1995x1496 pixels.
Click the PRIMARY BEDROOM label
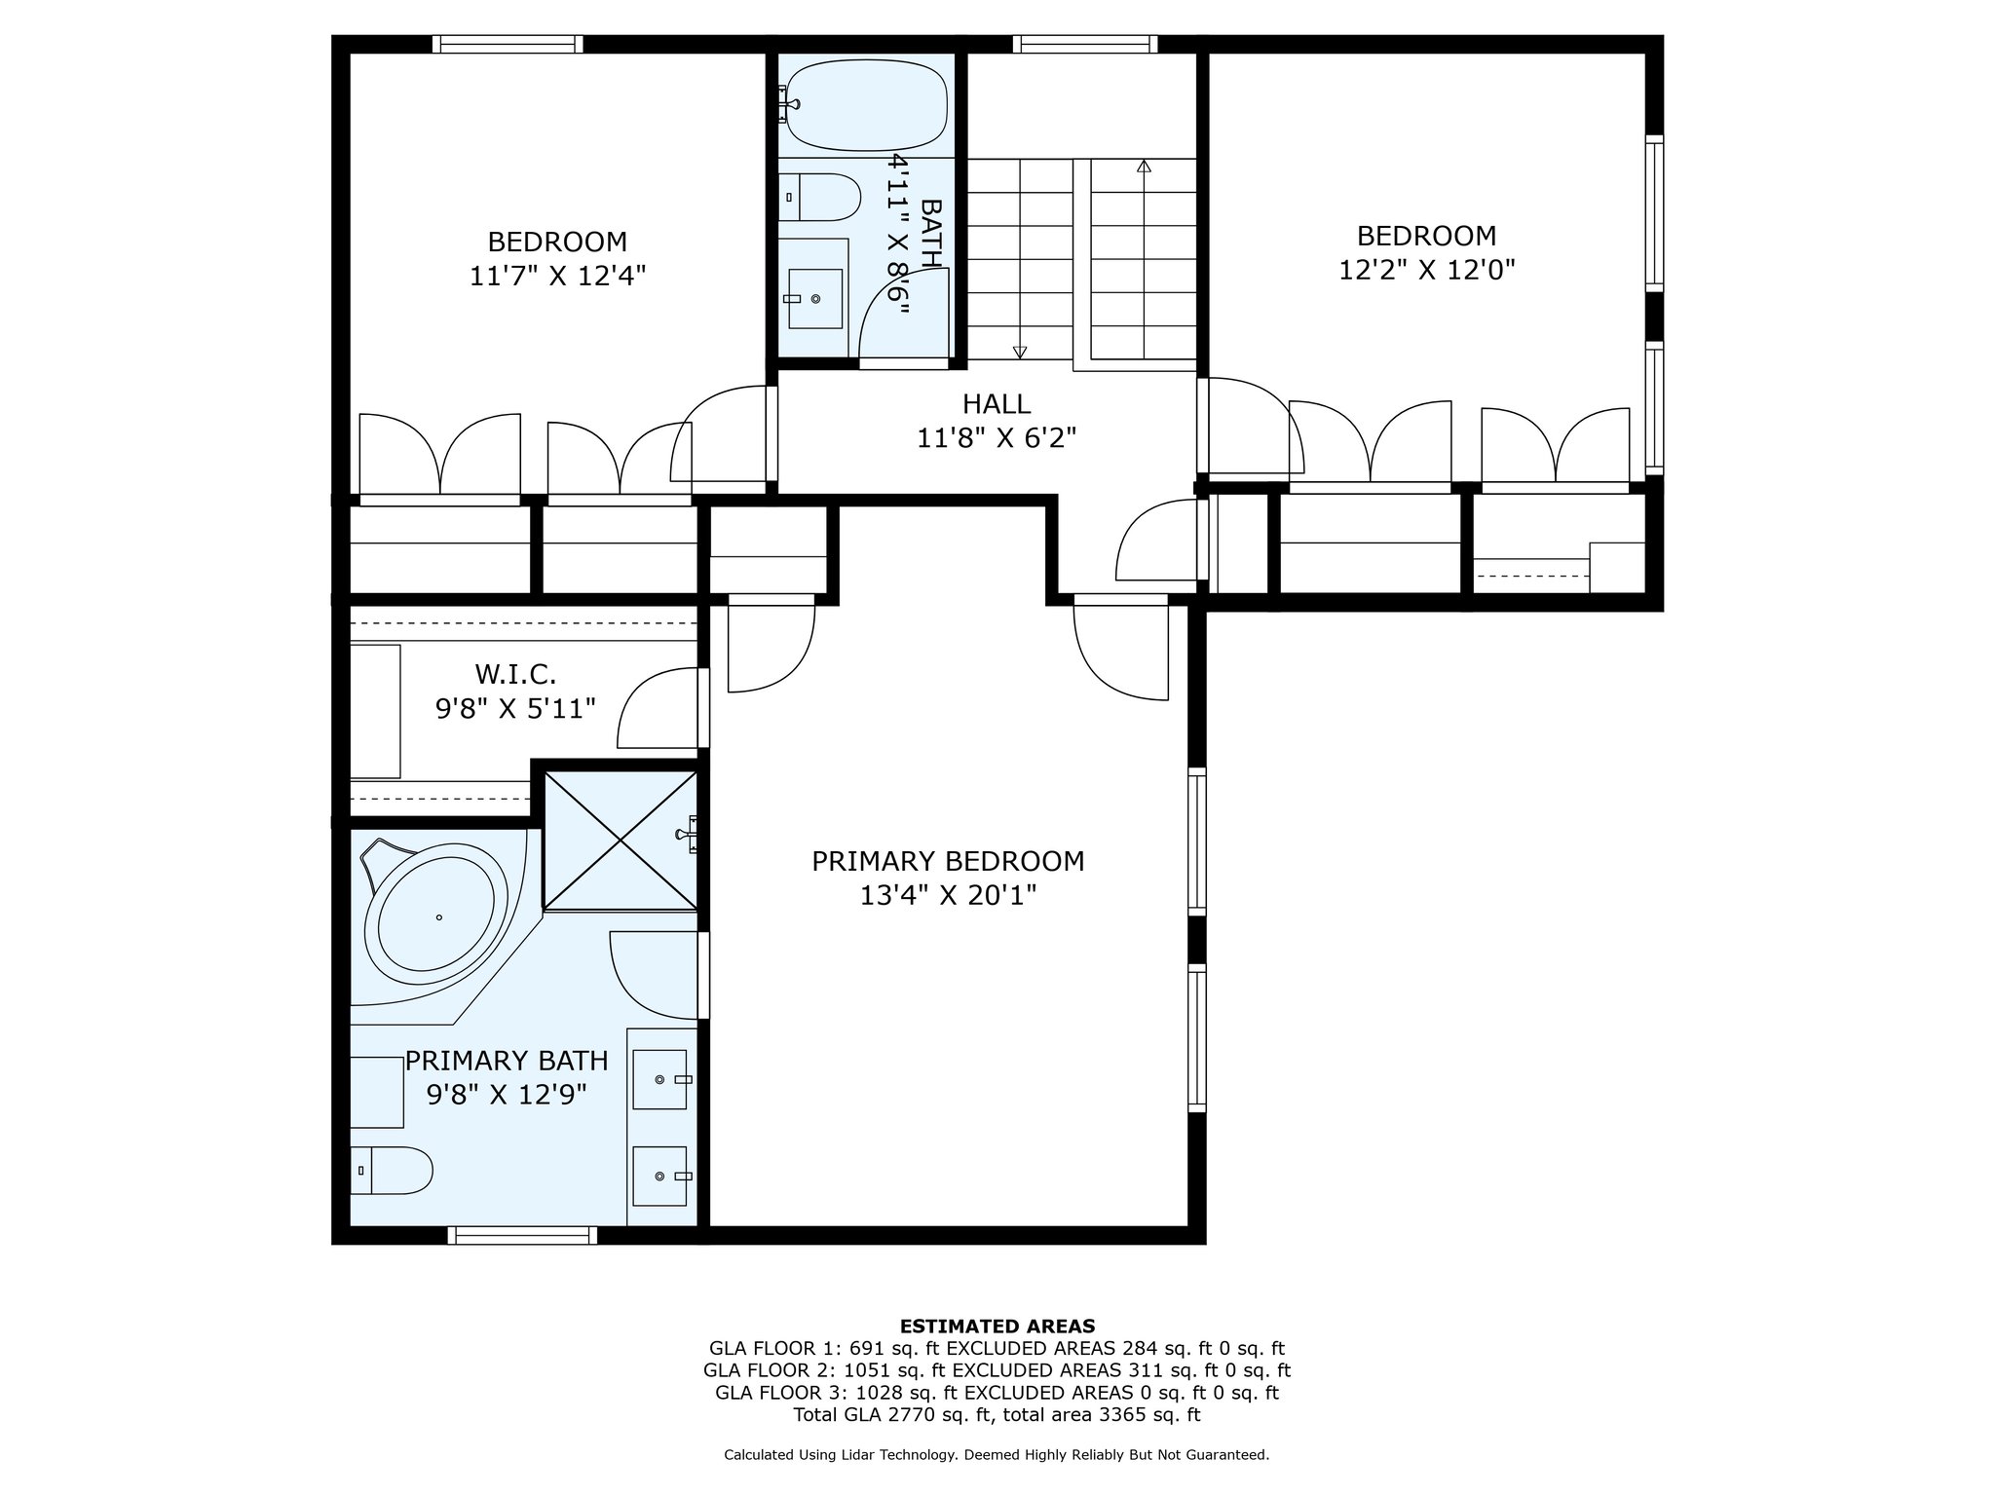[948, 862]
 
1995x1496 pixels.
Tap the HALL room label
[997, 403]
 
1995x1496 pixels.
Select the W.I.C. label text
[515, 674]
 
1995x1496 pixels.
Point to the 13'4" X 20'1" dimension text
[948, 895]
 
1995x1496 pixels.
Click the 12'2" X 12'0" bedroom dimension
[1427, 270]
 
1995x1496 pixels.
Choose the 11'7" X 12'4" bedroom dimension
[558, 276]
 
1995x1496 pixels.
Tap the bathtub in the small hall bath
[865, 105]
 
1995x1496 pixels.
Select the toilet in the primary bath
[392, 1171]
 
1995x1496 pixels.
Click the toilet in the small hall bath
[820, 198]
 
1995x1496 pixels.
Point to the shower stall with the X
[621, 841]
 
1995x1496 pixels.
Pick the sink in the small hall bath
[814, 298]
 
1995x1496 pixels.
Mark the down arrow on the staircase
[1020, 353]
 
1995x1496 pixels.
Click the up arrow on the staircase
[1144, 166]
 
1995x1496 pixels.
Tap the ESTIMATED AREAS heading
[997, 1327]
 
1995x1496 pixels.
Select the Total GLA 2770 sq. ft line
[997, 1414]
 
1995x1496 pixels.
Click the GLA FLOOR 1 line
[997, 1349]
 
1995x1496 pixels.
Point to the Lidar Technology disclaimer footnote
[997, 1455]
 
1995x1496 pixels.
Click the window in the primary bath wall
[523, 1235]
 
